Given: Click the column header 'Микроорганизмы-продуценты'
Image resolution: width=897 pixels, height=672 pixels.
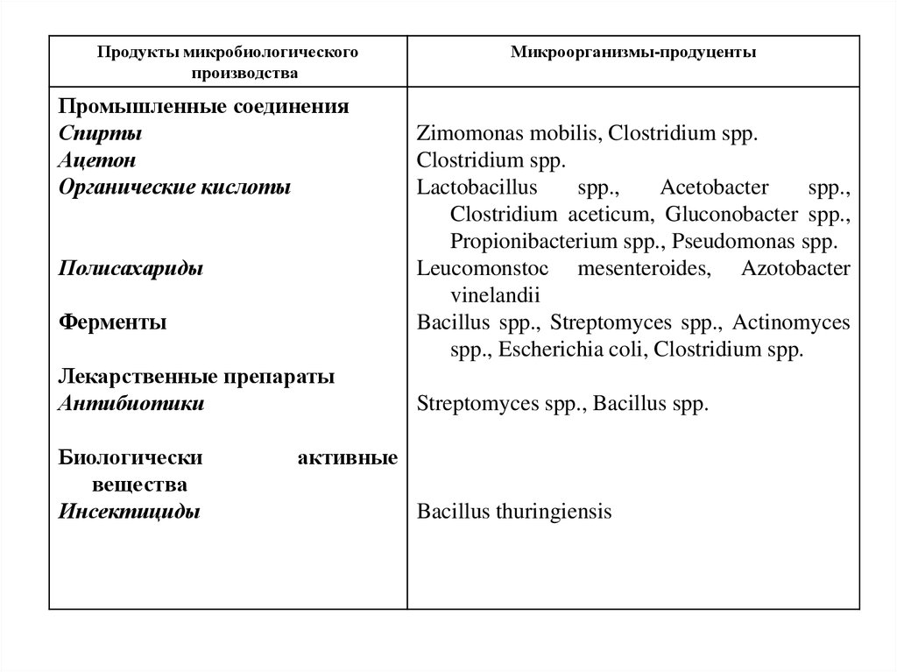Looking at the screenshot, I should [634, 53].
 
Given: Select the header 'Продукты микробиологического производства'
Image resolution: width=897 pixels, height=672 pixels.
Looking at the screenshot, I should [228, 63].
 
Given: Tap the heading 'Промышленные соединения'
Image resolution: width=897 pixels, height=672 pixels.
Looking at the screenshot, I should [204, 108].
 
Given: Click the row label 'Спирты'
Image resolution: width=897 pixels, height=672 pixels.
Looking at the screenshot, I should [100, 134].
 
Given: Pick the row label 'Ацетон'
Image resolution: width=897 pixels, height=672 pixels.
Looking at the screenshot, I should [98, 161].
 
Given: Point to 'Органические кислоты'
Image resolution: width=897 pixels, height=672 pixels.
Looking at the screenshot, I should [174, 187].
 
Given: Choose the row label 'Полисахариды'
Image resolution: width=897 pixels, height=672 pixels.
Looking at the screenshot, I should [131, 269].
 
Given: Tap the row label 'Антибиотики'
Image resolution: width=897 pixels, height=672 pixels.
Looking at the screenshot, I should [132, 404].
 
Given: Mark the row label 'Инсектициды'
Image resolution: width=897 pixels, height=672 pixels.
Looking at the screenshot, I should [130, 512].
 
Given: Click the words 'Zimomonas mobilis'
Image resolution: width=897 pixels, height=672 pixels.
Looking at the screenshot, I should [508, 135].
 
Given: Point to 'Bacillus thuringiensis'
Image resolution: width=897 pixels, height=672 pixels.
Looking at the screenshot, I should [514, 513].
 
